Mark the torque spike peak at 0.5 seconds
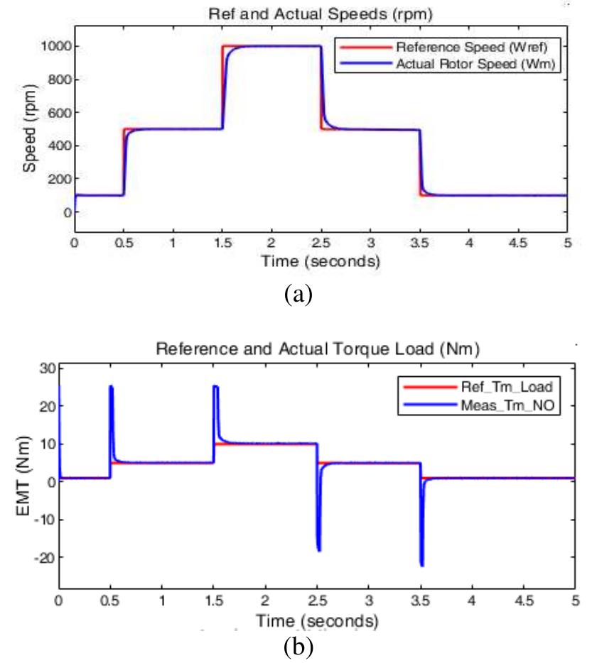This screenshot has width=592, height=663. point(111,387)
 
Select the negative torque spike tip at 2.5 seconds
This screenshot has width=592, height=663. point(319,550)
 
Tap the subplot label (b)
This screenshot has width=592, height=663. point(298,646)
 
